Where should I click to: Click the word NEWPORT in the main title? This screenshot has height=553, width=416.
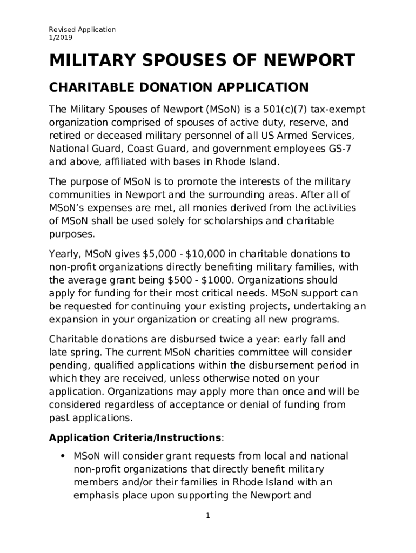(x=310, y=60)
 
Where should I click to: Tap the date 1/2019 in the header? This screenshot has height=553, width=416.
(x=61, y=38)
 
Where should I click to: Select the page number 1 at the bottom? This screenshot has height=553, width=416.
(x=207, y=516)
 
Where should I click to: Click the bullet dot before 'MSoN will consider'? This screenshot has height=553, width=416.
(x=63, y=456)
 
